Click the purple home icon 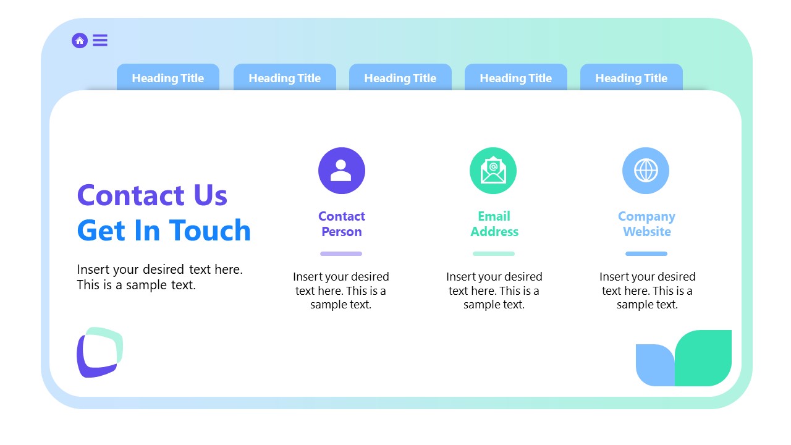coord(80,41)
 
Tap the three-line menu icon coord(100,41)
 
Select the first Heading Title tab coord(168,78)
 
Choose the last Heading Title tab coord(631,78)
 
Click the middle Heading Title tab coord(400,78)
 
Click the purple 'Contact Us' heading coord(152,195)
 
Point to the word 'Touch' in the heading coord(210,231)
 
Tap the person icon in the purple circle coord(341,171)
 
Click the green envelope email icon coord(493,171)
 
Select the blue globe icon coord(646,171)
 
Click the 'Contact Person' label coord(341,224)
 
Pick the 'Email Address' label coord(494,224)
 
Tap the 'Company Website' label coord(646,224)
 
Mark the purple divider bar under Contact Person coord(341,253)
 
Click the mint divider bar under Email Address coord(494,253)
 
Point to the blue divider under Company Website coord(646,253)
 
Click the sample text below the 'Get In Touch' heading coord(159,277)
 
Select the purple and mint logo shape coord(99,352)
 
